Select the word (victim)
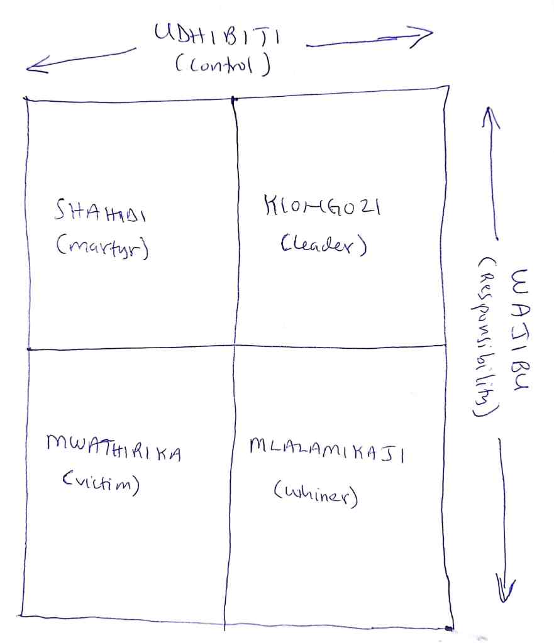click(100, 483)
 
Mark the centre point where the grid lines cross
click(234, 346)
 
